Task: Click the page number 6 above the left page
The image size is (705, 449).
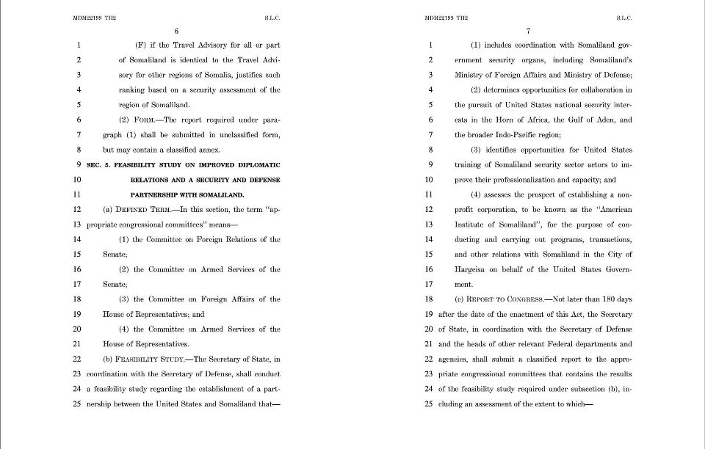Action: click(176, 31)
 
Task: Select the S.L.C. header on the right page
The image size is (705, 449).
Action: click(623, 17)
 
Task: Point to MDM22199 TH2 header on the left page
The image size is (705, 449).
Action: click(94, 17)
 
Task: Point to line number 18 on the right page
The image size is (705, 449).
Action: click(429, 299)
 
